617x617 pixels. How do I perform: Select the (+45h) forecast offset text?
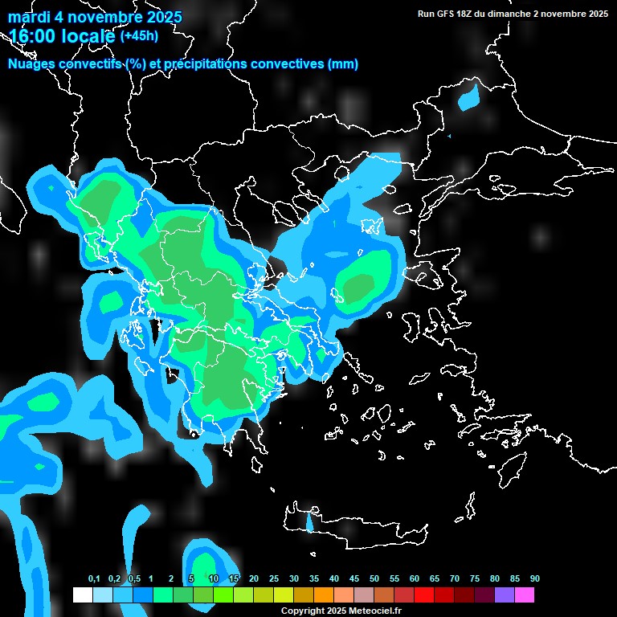coord(139,36)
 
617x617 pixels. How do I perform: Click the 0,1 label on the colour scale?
coord(94,579)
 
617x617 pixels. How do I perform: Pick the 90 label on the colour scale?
coord(535,579)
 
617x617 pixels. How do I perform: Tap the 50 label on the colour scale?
coord(374,579)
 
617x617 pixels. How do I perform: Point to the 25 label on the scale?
coord(274,579)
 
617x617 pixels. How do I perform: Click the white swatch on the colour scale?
coord(82,595)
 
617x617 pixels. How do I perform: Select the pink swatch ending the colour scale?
coord(524,595)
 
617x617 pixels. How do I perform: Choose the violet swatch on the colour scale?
coord(504,595)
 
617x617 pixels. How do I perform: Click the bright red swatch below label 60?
coord(423,595)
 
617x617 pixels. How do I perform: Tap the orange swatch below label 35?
coord(323,595)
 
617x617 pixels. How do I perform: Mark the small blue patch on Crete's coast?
coord(310,524)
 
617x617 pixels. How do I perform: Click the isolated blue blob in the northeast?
coord(468,100)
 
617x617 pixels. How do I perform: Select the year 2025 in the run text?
coord(595,14)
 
